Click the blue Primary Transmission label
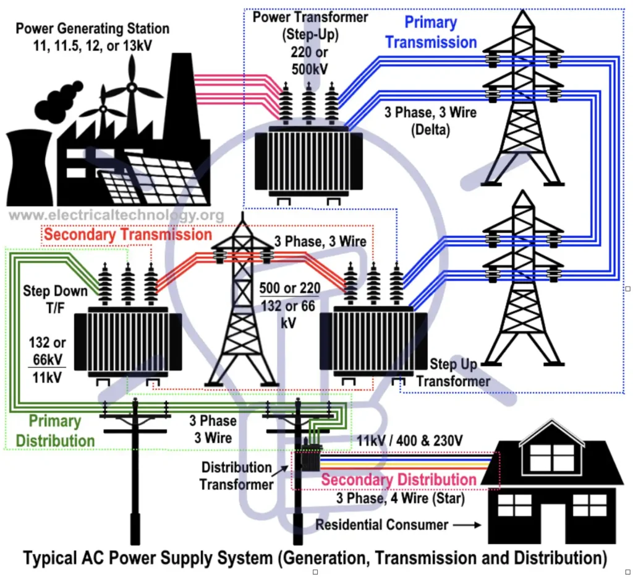point(431,32)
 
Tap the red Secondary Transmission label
point(128,235)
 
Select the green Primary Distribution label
point(55,431)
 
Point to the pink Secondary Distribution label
point(399,480)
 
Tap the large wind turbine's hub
point(132,87)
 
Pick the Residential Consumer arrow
point(467,525)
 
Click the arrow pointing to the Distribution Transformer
point(280,471)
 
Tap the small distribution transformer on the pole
point(310,457)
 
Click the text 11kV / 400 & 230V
point(410,441)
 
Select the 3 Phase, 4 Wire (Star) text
point(401,498)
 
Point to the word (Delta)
point(430,130)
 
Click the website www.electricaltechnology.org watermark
point(116,215)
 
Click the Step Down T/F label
point(55,299)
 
